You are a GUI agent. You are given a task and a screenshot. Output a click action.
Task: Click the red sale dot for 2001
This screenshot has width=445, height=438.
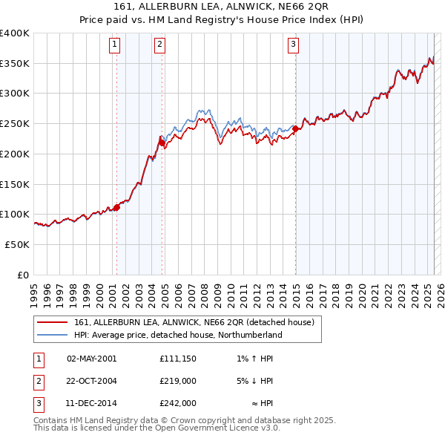[x=116, y=207]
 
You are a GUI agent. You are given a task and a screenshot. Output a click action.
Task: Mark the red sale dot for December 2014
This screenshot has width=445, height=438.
[x=295, y=128]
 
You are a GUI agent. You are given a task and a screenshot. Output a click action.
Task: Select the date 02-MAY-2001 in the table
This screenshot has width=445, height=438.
[x=91, y=359]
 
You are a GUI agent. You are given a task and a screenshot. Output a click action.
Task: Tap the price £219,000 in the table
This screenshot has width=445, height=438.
[x=177, y=381]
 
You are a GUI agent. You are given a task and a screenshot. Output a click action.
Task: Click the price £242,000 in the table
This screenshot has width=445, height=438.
[x=177, y=403]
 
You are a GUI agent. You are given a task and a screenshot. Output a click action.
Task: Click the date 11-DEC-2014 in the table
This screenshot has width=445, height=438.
[x=91, y=403]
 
